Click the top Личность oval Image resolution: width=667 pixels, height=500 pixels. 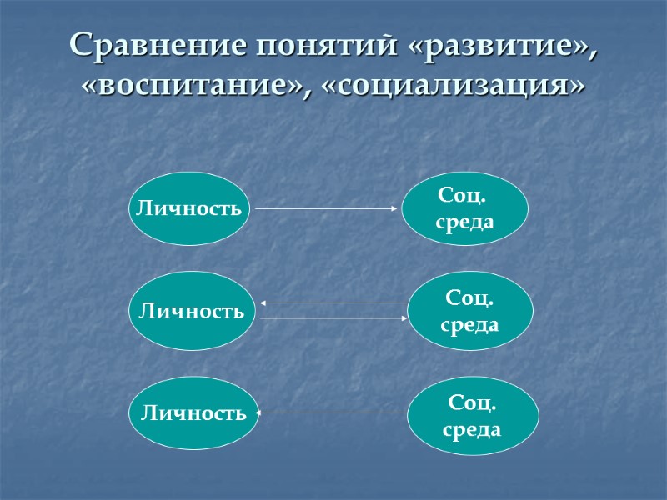click(x=191, y=208)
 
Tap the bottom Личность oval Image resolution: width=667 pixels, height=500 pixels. click(x=193, y=412)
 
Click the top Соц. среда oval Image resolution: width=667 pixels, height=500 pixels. click(x=464, y=208)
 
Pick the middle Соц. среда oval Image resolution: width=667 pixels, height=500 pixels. click(x=469, y=311)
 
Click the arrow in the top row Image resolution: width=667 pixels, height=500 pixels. click(x=327, y=208)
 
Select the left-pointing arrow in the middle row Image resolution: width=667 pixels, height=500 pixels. click(x=333, y=303)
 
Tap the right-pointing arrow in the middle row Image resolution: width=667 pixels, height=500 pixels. click(x=333, y=318)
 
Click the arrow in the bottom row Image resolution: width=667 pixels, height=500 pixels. click(x=333, y=412)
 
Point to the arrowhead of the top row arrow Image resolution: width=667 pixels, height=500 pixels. click(x=396, y=208)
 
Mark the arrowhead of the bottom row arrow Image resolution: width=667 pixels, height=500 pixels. click(x=261, y=412)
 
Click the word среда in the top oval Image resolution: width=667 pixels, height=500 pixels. click(x=464, y=222)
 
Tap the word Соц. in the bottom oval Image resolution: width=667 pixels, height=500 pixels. click(x=471, y=404)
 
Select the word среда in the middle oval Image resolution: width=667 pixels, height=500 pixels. click(x=469, y=324)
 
